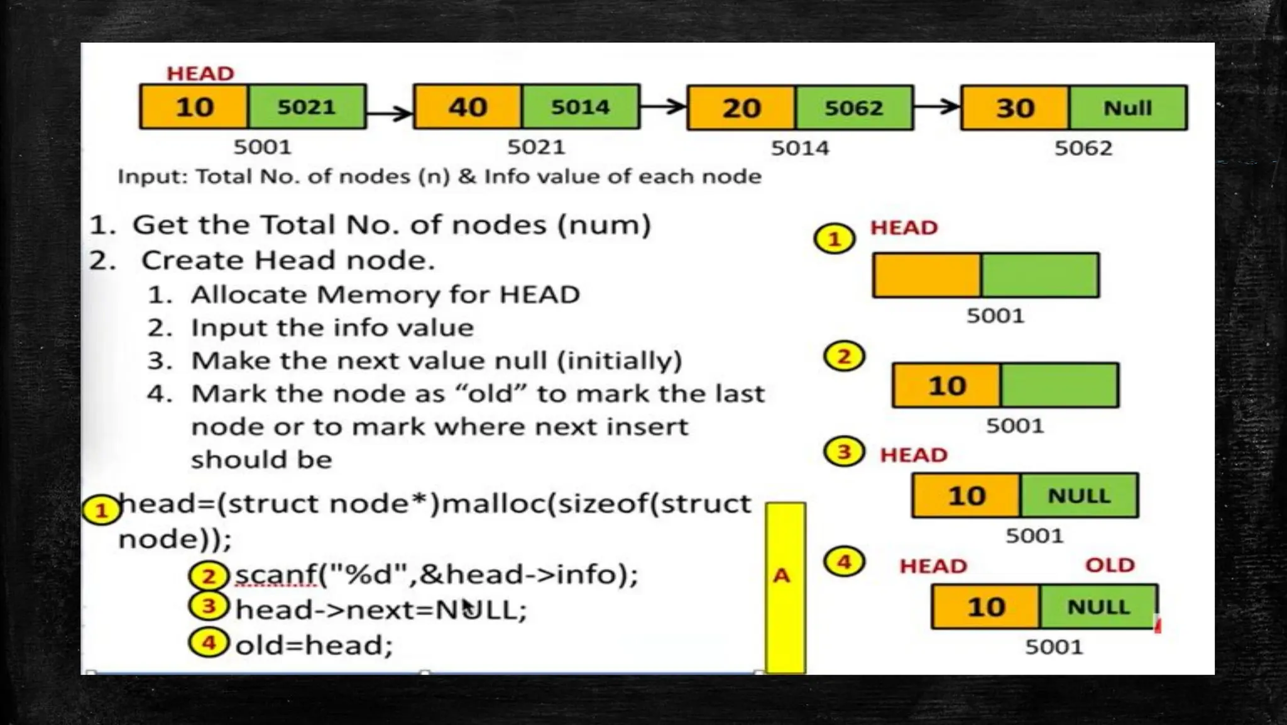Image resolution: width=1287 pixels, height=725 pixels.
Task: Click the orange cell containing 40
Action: tap(468, 108)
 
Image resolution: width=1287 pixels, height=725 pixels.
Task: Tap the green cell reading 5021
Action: tap(307, 108)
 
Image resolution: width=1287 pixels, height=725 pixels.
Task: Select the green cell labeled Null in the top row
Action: tap(1127, 108)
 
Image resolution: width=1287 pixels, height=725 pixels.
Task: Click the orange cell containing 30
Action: tap(1015, 108)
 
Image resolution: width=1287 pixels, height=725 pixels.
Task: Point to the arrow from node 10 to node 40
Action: tap(390, 113)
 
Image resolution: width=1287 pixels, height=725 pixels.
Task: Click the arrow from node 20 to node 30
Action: tap(937, 107)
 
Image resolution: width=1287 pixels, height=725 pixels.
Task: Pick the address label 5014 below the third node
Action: tap(800, 148)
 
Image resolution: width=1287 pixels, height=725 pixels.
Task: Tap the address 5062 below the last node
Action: tap(1083, 148)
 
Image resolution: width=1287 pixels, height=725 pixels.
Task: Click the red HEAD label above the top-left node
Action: tap(200, 74)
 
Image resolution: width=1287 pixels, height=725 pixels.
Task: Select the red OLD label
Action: tap(1110, 565)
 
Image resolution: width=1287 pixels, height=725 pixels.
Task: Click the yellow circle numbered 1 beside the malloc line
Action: tap(101, 511)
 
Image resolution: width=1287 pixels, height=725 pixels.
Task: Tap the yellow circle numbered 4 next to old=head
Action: tap(209, 643)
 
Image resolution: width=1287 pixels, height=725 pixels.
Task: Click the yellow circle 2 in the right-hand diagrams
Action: tap(844, 357)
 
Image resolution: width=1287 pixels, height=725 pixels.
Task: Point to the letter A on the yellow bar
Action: tap(781, 575)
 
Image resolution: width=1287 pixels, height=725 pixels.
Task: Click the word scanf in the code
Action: tap(276, 575)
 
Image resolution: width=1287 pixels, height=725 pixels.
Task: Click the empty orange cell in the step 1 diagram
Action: tap(926, 275)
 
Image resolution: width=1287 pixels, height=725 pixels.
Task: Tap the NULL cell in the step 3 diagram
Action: tap(1079, 496)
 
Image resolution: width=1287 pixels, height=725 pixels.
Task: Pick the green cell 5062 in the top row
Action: tap(853, 108)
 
